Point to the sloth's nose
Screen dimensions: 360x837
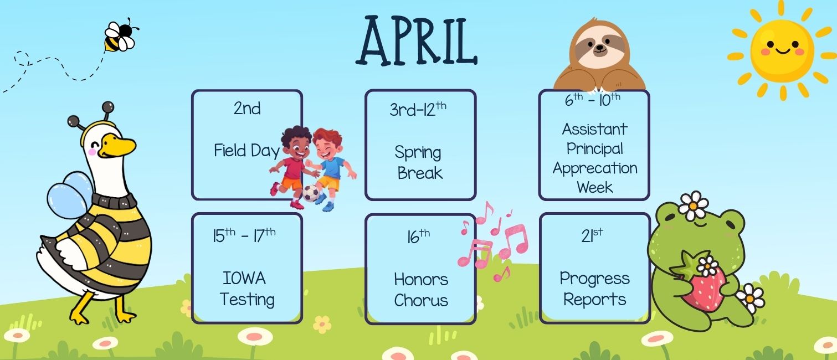point(598,49)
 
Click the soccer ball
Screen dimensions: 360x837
point(310,193)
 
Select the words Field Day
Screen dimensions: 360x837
point(247,151)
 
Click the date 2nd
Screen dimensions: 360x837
point(247,108)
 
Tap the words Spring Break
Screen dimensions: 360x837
point(419,162)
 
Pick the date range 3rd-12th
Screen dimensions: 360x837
point(418,109)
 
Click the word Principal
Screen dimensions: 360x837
point(595,148)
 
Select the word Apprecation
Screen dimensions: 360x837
point(595,168)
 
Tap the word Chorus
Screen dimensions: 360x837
point(421,300)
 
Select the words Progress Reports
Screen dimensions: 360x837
point(594,289)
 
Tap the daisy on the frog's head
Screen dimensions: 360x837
point(693,205)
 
